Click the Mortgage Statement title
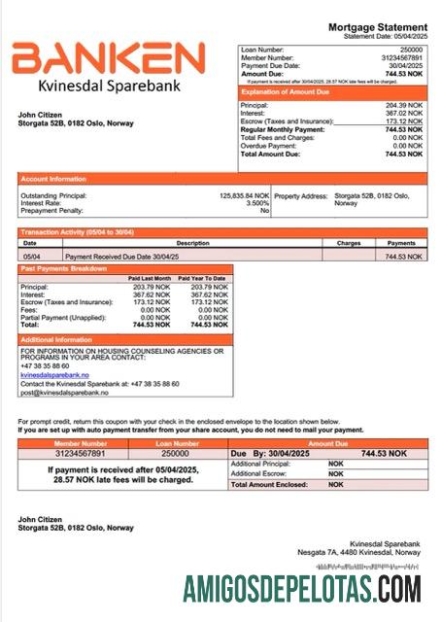[x=378, y=27]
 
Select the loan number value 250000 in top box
[x=412, y=49]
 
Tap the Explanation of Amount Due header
[x=291, y=91]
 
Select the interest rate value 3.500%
[x=257, y=203]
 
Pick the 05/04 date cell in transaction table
[x=32, y=256]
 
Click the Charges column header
[x=349, y=243]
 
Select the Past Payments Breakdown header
[x=64, y=267]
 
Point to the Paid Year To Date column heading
[x=206, y=279]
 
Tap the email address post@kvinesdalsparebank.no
[x=64, y=392]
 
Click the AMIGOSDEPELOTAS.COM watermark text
[x=301, y=588]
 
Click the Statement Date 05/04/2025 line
[x=386, y=36]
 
